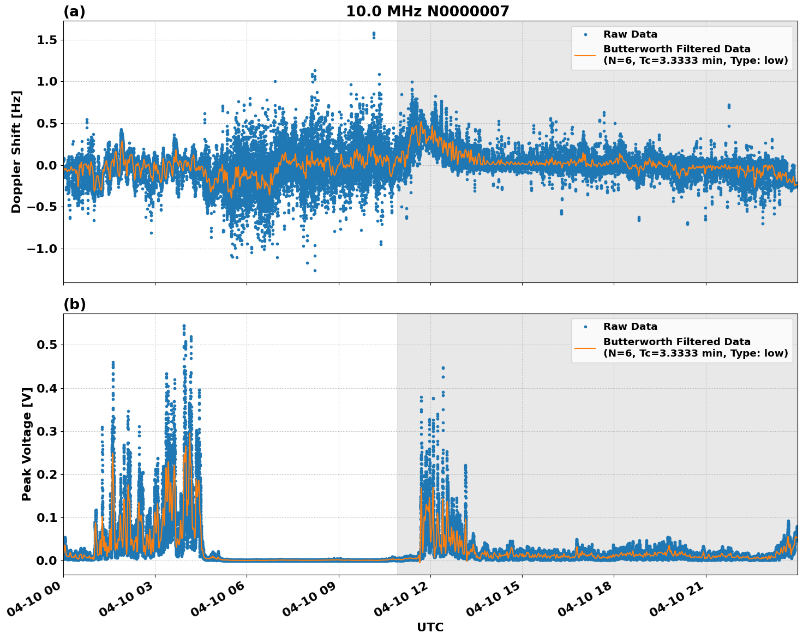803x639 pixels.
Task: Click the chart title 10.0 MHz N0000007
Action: coord(427,11)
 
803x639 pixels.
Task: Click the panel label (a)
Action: coord(74,11)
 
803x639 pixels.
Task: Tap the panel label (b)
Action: coord(74,304)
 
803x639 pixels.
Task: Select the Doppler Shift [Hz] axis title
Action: coord(16,152)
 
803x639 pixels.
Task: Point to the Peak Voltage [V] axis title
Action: coord(27,444)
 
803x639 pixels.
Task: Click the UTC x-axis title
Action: coord(430,627)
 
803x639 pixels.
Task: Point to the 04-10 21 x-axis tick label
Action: coord(675,602)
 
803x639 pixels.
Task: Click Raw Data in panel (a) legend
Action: coord(630,34)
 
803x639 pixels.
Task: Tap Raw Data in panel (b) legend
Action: coord(630,327)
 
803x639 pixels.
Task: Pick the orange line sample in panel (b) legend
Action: coord(585,347)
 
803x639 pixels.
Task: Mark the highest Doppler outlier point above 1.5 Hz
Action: coord(374,33)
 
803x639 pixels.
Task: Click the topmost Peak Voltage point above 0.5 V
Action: coord(184,326)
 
